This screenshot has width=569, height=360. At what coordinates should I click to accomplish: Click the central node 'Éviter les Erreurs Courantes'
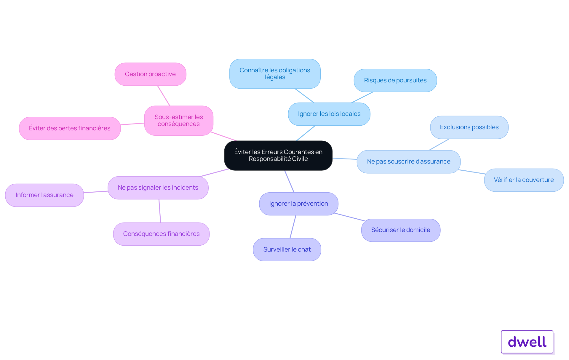coord(278,156)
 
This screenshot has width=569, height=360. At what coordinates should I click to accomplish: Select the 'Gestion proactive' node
coord(151,74)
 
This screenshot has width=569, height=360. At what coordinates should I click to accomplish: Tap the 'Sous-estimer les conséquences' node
coord(179,121)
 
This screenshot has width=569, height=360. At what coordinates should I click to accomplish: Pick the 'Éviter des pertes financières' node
coord(70,128)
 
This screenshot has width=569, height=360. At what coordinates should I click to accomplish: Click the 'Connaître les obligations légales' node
coord(275,74)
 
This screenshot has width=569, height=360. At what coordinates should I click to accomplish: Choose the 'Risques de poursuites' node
coord(395,81)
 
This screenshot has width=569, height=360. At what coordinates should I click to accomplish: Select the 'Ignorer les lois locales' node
coord(329,114)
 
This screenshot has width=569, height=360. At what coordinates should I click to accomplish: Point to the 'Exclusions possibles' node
coord(469,127)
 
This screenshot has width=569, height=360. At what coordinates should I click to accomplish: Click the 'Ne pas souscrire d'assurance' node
coord(409,162)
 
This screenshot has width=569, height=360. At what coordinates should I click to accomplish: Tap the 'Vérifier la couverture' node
coord(524,180)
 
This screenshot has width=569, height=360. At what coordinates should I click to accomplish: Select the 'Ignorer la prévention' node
coord(299,204)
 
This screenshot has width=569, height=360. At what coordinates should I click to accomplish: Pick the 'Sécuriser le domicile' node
coord(401,230)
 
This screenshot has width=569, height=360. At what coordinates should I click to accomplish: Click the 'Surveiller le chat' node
coord(287,250)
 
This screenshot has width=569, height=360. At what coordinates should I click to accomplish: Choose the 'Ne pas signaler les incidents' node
coord(158,188)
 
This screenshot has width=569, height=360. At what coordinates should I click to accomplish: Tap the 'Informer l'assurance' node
coord(44,195)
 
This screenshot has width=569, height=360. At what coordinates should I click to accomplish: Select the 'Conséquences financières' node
coord(162,234)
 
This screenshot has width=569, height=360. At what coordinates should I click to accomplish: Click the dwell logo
coord(527,342)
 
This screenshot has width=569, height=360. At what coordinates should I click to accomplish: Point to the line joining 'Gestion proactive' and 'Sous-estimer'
coord(164,96)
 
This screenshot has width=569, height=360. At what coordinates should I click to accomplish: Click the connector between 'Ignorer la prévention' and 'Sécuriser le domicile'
coord(350,217)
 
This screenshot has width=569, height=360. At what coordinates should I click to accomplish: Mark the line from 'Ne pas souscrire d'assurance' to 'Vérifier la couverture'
coord(472,172)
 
